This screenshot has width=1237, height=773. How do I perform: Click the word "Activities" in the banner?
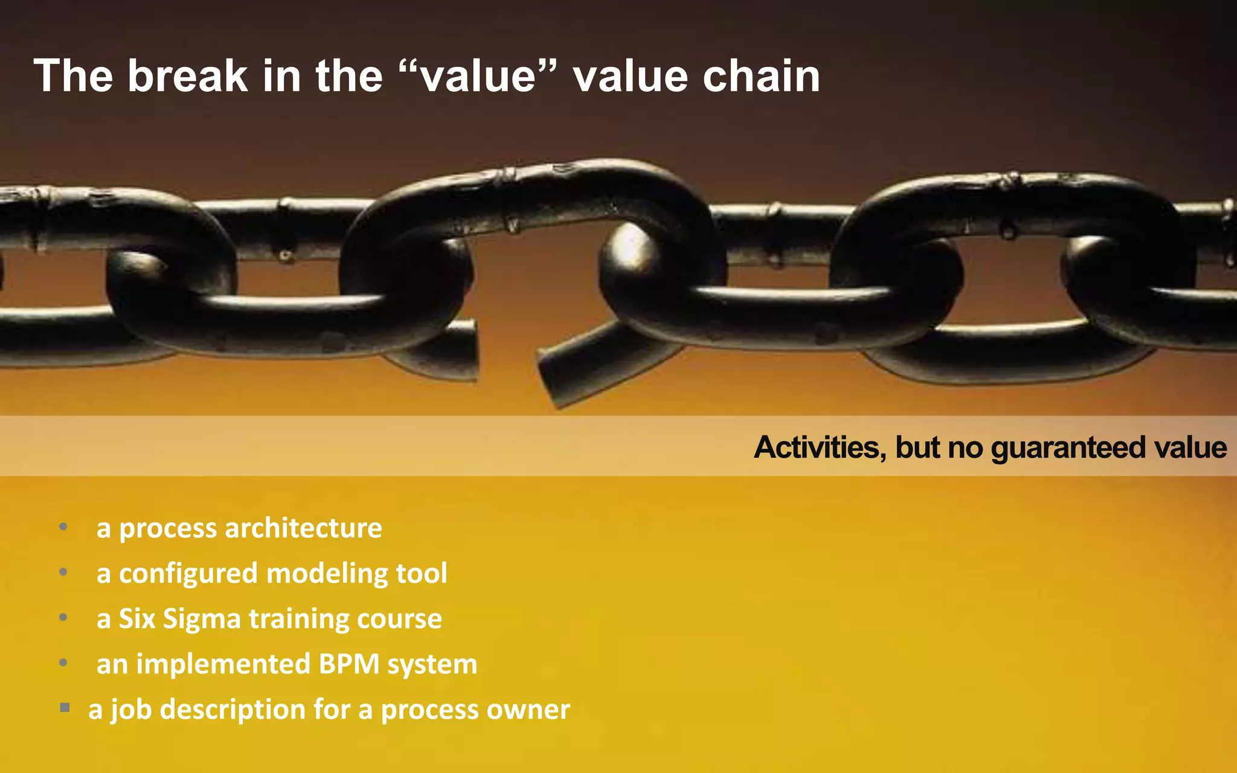(820, 447)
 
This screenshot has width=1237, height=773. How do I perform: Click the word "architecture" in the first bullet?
(303, 528)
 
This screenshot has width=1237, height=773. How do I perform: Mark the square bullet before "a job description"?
(65, 707)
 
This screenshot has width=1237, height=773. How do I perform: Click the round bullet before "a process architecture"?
(63, 527)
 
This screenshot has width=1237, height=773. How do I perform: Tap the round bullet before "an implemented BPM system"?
(63, 663)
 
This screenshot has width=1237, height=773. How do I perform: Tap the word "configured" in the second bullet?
(188, 574)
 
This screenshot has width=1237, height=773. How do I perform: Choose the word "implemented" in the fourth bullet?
(223, 664)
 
